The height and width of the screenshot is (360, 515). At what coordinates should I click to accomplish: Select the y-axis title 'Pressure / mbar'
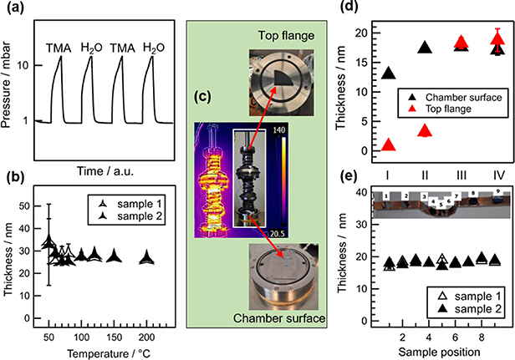[10, 79]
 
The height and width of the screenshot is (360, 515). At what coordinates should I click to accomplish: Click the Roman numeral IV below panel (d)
[497, 178]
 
